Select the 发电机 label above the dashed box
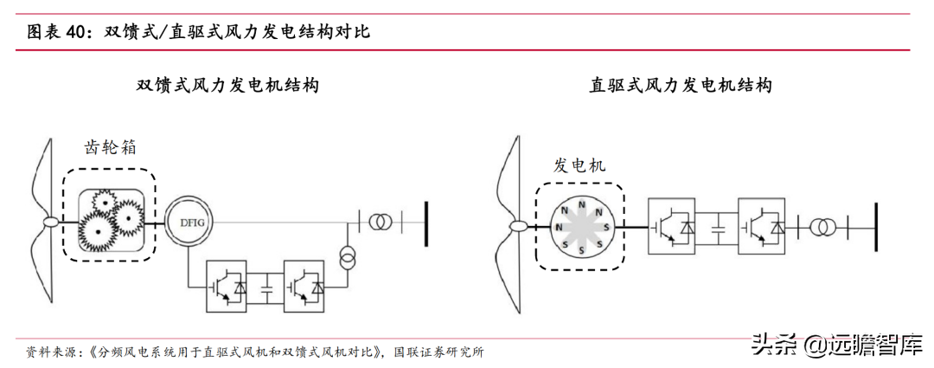click(580, 165)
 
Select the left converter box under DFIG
click(228, 286)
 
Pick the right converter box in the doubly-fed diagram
click(304, 286)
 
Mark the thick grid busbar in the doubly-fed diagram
click(426, 222)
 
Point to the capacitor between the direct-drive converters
click(717, 228)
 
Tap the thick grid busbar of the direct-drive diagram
click(875, 227)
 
